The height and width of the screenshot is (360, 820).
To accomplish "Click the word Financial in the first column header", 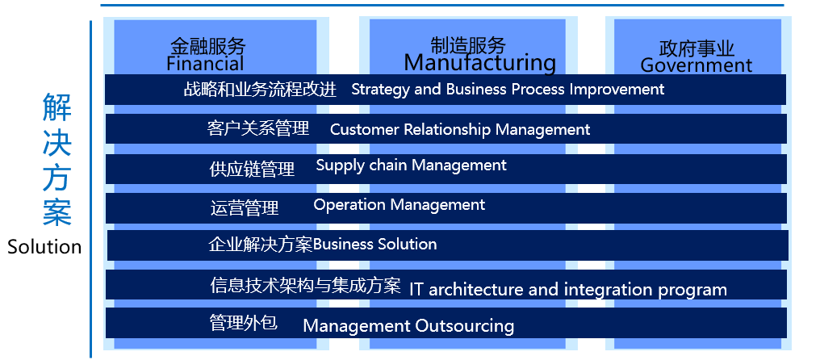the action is (x=205, y=64).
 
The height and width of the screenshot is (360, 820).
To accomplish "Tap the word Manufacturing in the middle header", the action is (x=480, y=63).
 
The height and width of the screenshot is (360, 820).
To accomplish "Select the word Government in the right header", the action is (x=696, y=65).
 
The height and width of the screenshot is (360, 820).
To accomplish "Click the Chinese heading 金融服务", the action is (x=208, y=46).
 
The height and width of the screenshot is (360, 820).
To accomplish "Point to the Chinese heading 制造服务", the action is (x=469, y=45).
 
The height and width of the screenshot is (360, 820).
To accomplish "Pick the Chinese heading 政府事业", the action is (x=697, y=48).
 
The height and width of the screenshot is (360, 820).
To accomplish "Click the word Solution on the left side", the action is (x=44, y=246).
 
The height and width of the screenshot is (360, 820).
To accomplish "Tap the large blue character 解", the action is (x=57, y=107).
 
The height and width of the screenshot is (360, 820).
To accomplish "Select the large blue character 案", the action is (x=57, y=211).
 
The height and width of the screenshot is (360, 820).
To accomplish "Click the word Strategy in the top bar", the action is (x=380, y=90).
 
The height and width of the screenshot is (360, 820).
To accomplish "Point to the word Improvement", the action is (x=617, y=90).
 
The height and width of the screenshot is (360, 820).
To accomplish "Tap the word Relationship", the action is (x=447, y=129).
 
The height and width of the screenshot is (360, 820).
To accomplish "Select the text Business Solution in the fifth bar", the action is (x=375, y=244).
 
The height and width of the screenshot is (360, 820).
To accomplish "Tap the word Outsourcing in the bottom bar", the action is (x=464, y=326).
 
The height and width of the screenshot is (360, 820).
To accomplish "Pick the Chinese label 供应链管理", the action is (x=252, y=169).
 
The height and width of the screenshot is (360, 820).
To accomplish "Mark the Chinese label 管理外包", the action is (x=243, y=322).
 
